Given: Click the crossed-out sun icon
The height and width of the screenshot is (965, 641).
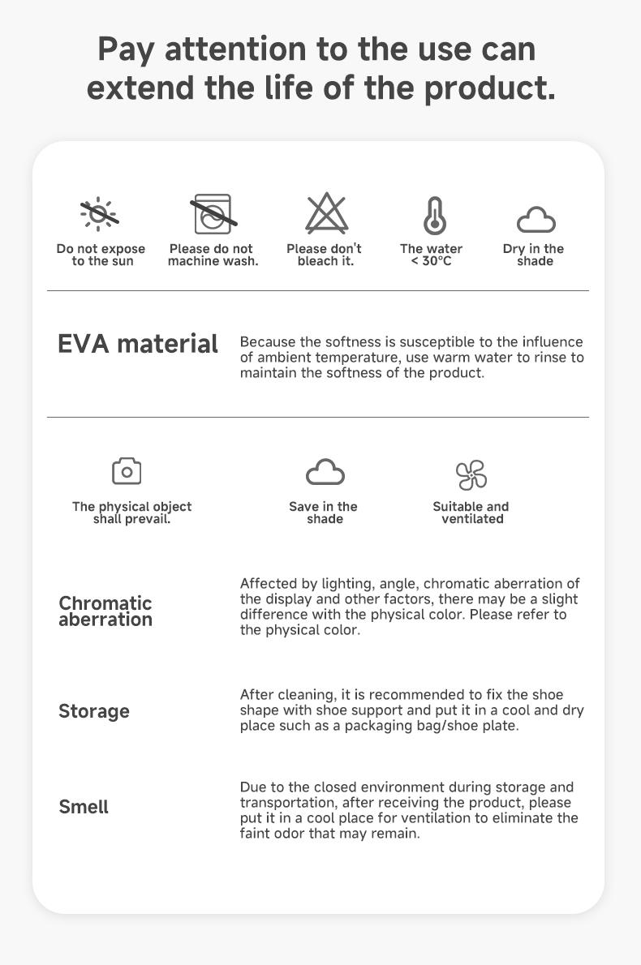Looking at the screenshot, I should point(100,214).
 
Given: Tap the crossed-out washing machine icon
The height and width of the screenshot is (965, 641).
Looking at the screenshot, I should point(213,214).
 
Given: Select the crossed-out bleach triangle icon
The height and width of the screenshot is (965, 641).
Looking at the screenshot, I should point(326,214).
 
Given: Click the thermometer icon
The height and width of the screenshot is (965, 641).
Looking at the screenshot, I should point(434,216).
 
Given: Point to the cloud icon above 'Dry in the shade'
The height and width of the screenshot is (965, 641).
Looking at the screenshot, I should point(536,219).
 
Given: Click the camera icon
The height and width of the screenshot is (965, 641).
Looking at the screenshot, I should point(127,470).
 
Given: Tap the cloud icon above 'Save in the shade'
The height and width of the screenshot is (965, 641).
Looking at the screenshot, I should point(325,472).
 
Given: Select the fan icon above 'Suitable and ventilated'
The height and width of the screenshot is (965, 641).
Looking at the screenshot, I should point(471,474).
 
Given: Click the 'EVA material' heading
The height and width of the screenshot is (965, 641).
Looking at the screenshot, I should point(138,344).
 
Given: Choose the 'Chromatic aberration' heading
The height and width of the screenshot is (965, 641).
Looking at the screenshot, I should point(105,611).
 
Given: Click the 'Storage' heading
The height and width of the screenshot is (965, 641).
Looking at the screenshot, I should point(94,711).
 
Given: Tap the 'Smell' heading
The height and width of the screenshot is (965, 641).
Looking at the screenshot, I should point(84,807).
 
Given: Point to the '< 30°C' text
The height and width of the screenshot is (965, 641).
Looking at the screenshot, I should point(431,261).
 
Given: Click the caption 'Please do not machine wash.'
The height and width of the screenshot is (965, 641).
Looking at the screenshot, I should point(213,255).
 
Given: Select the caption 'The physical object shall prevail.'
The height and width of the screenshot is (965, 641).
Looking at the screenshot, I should point(131,513).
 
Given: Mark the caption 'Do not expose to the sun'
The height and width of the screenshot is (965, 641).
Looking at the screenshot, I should point(101,255).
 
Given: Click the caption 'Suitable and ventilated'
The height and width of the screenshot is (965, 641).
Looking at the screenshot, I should point(471,513).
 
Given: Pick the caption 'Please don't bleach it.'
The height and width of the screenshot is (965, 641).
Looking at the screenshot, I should point(325,255).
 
